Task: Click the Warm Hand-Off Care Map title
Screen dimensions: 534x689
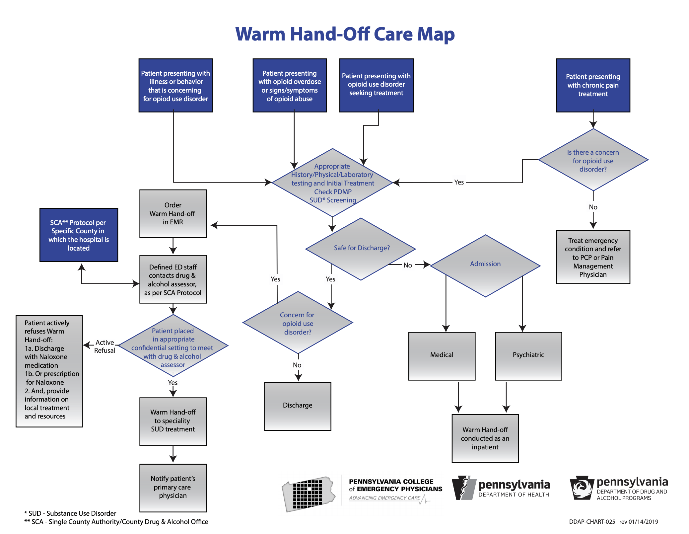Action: pyautogui.click(x=345, y=34)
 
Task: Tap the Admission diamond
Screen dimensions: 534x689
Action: pyautogui.click(x=485, y=265)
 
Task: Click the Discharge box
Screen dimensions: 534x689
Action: pyautogui.click(x=298, y=406)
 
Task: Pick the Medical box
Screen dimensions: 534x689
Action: pyautogui.click(x=442, y=355)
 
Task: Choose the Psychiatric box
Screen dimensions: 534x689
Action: pyautogui.click(x=528, y=355)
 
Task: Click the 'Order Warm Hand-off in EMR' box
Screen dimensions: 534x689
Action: pyautogui.click(x=173, y=214)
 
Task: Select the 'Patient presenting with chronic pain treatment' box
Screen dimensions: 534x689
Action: pyautogui.click(x=593, y=85)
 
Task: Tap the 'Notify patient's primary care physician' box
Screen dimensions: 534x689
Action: pyautogui.click(x=173, y=487)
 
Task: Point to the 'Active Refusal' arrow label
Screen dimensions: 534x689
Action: pyautogui.click(x=105, y=346)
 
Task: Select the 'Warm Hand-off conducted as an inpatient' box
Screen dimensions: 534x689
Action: pyautogui.click(x=485, y=438)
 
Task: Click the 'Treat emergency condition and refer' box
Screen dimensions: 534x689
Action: pyautogui.click(x=593, y=257)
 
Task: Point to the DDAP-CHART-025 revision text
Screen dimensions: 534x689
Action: pyautogui.click(x=613, y=522)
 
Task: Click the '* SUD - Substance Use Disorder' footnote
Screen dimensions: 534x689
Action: pyautogui.click(x=70, y=513)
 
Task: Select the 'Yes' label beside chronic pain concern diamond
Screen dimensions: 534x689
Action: pyautogui.click(x=459, y=182)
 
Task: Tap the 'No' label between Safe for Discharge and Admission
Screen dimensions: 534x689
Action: pyautogui.click(x=407, y=265)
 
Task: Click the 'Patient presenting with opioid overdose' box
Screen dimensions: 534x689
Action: pyautogui.click(x=290, y=86)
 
